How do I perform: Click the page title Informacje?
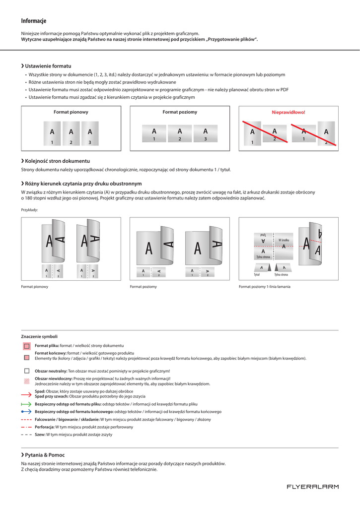pos(34,21)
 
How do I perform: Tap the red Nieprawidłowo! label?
pos(288,112)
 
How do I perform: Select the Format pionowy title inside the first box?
pos(71,112)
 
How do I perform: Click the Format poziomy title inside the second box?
pos(180,112)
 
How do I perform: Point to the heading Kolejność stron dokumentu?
pos(57,161)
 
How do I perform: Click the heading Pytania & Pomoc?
pos(45,455)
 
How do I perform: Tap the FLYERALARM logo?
pos(313,487)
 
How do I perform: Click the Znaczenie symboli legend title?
pos(39,336)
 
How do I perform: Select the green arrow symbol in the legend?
pos(26,404)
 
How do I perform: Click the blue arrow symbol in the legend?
pos(26,412)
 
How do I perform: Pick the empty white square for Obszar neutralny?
pos(27,371)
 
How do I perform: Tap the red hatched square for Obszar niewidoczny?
pos(27,381)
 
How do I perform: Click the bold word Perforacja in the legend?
pos(44,427)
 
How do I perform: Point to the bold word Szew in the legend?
pos(40,435)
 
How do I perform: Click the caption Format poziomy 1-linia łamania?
pos(265,287)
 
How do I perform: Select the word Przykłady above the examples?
pos(29,210)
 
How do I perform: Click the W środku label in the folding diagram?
pos(284,240)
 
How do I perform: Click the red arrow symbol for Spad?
pos(26,394)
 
